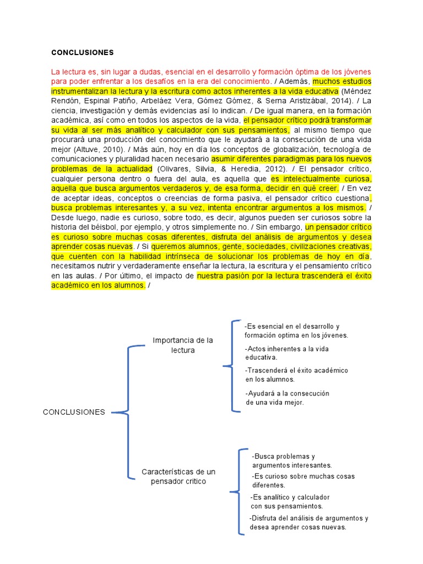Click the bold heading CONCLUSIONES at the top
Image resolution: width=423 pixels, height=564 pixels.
tap(82, 53)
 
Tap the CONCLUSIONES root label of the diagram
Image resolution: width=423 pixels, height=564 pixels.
tap(74, 412)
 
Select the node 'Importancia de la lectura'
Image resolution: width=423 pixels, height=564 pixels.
tap(183, 345)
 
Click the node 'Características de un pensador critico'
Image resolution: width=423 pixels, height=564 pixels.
tap(178, 477)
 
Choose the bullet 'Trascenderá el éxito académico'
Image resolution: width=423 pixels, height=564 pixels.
tap(296, 375)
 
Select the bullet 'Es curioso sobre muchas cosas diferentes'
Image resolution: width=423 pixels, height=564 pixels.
tap(303, 480)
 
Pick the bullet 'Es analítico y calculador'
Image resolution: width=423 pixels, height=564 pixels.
tap(290, 501)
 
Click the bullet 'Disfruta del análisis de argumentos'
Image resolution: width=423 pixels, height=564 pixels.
tap(308, 522)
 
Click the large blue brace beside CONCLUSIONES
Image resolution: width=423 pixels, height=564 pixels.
tap(128, 412)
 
